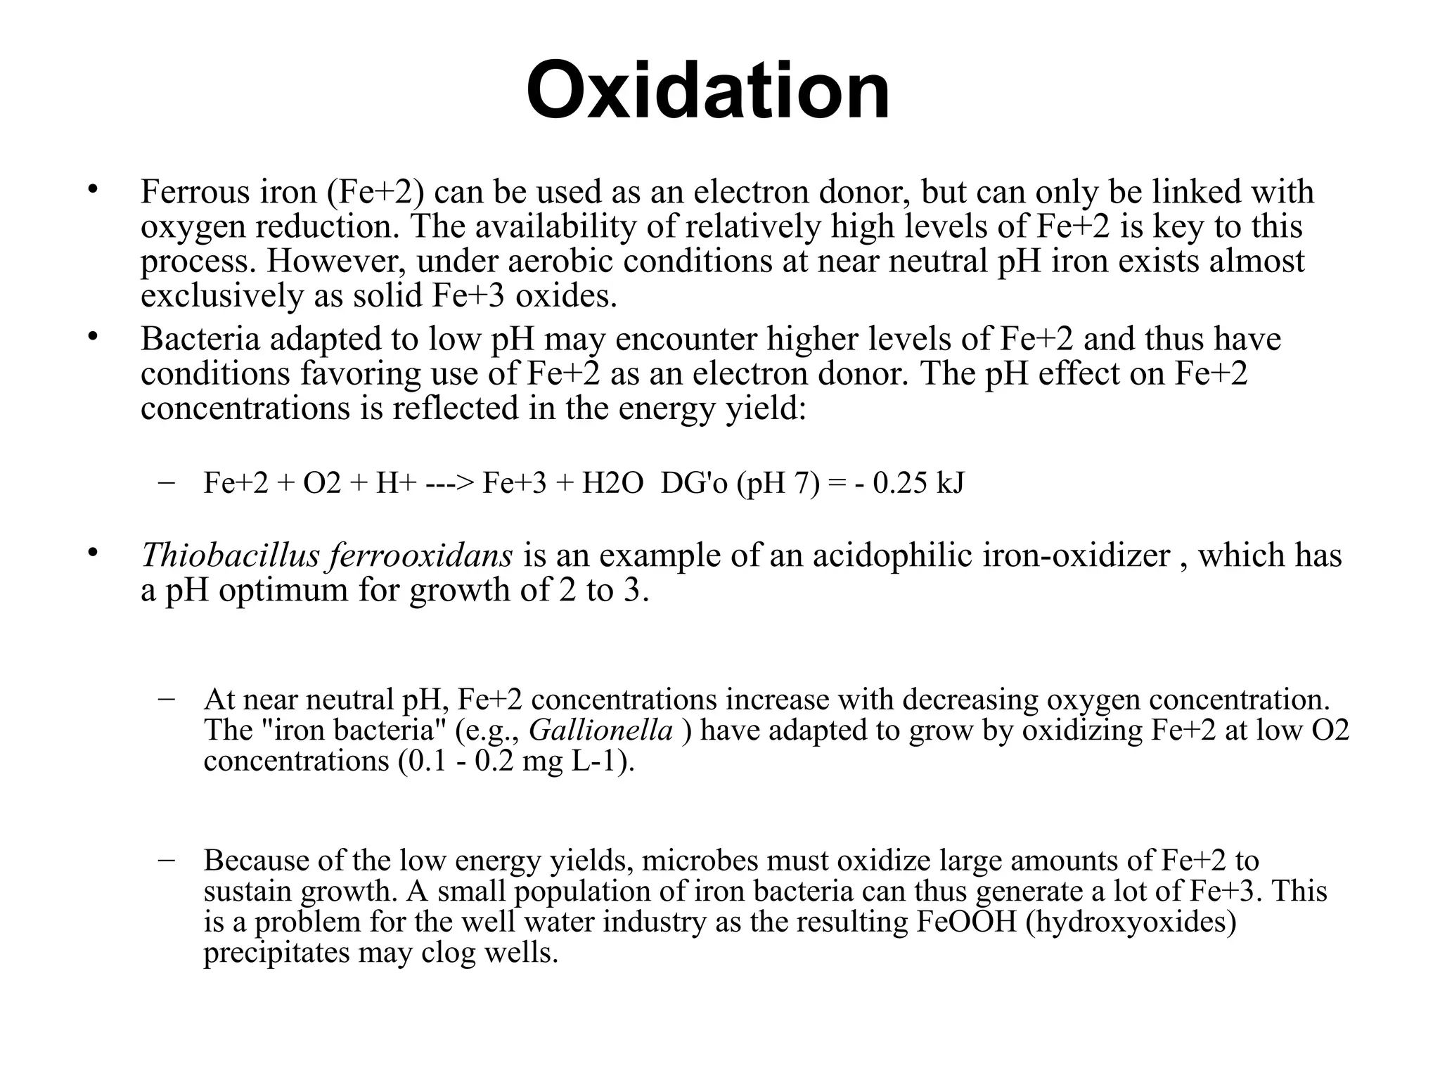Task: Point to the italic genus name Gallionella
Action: tap(601, 731)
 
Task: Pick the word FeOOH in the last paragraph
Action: tap(967, 922)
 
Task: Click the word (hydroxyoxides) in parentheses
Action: tap(1131, 922)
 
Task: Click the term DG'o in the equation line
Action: tap(694, 483)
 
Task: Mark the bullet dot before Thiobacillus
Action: tap(91, 553)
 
